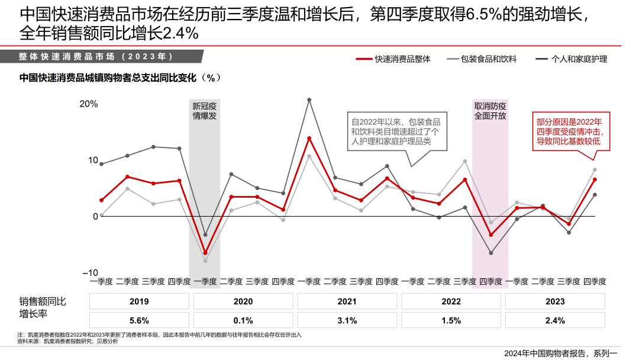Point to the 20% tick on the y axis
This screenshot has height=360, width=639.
[89, 104]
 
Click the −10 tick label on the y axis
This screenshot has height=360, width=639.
[89, 273]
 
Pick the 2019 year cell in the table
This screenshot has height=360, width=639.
[139, 301]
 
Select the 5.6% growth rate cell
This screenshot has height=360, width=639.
[139, 320]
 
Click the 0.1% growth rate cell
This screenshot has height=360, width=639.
[243, 320]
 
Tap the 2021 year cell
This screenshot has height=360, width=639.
[347, 301]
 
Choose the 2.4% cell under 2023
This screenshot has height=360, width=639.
[555, 320]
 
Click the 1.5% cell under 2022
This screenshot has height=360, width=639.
[451, 320]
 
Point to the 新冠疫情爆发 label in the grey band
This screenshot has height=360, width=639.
[205, 111]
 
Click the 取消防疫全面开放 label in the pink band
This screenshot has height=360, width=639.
[490, 111]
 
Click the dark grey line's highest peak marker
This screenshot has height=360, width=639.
[309, 100]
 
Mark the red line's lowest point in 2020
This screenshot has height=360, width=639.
[205, 253]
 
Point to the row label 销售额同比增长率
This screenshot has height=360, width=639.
[43, 307]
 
